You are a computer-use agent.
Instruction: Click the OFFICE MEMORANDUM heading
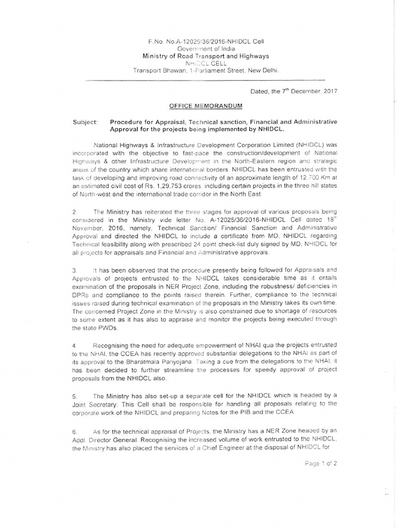pos(202,105)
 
